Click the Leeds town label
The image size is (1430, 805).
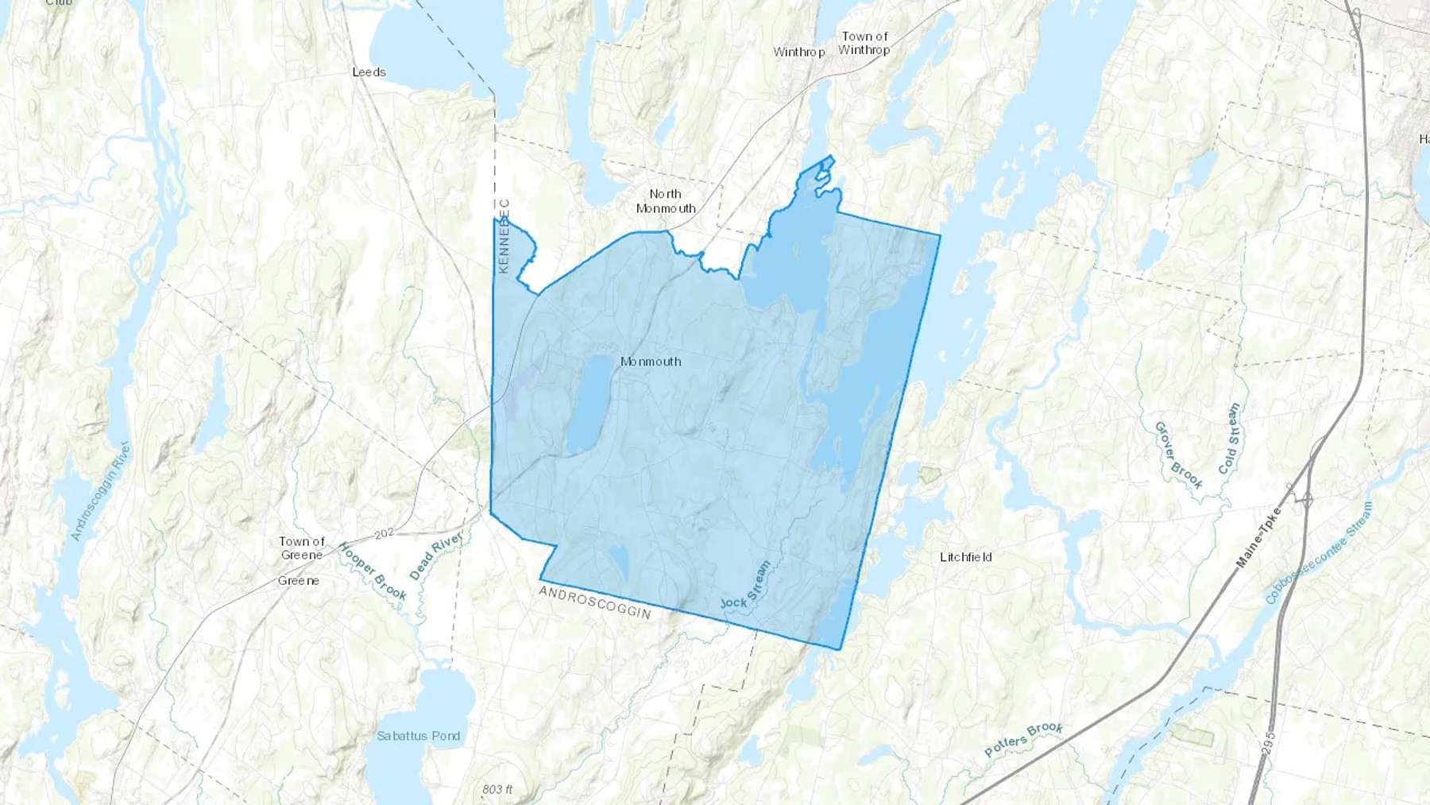coord(369,72)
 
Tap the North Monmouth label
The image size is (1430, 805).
coord(666,201)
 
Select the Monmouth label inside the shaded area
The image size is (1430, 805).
coord(651,362)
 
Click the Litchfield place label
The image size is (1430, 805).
coord(965,557)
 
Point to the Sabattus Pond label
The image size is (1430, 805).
coord(419,736)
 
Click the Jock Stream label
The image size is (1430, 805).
coord(746,586)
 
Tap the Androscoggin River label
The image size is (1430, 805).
coord(100,491)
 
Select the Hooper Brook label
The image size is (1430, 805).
coord(372,571)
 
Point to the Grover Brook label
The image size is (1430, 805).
coord(1177,455)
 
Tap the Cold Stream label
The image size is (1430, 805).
coord(1229,439)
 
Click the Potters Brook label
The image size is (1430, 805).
coord(1023,739)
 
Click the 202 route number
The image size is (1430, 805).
coord(385,533)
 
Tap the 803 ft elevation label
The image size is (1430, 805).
coord(497,789)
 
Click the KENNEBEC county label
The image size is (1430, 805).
coord(504,236)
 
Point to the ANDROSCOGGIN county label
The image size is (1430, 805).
coord(595,602)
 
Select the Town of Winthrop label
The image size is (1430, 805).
coord(864,43)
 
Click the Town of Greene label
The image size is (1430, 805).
coord(302,548)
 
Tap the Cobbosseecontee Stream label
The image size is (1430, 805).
coord(1319,552)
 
